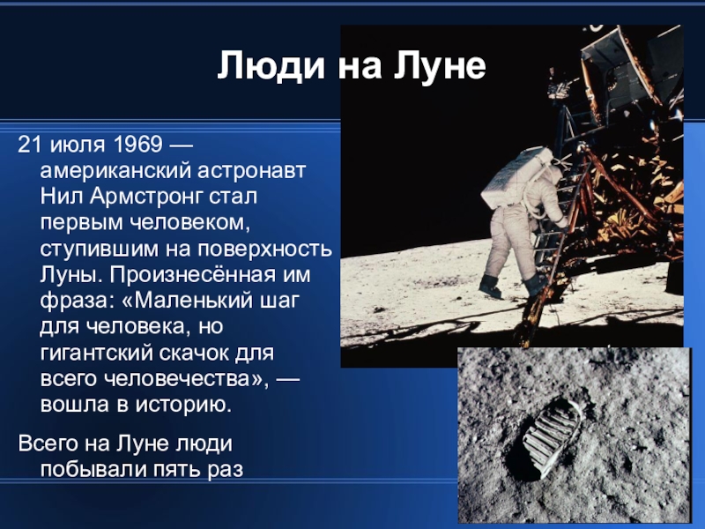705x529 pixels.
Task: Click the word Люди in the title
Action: [271, 66]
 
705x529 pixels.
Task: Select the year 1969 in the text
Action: [137, 145]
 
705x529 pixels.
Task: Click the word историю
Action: [184, 405]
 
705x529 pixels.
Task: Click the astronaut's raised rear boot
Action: [490, 286]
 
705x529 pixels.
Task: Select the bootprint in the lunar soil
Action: [550, 437]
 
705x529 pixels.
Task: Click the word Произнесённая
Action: [192, 275]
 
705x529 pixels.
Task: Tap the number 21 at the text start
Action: [30, 145]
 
